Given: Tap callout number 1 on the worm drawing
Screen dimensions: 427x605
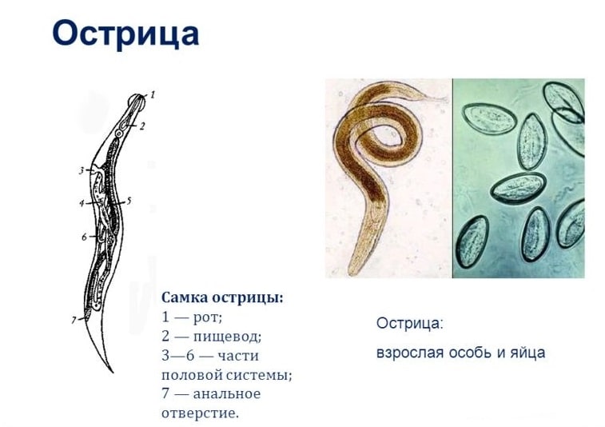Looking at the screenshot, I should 153,94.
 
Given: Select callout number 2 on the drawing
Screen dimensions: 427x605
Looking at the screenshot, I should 142,126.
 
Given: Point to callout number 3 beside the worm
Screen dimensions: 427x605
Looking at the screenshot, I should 82,170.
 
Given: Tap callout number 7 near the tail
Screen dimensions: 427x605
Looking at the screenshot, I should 74,320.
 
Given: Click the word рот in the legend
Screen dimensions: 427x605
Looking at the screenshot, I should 205,317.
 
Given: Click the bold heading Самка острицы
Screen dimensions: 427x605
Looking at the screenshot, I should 222,297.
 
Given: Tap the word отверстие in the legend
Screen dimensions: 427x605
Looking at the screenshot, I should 200,413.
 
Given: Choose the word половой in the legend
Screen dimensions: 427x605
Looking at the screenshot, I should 191,374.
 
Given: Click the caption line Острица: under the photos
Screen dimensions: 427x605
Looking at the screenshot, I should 409,324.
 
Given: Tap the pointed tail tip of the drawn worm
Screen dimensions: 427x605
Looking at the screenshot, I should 112,371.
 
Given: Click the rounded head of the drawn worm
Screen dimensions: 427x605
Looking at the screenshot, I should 137,100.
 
